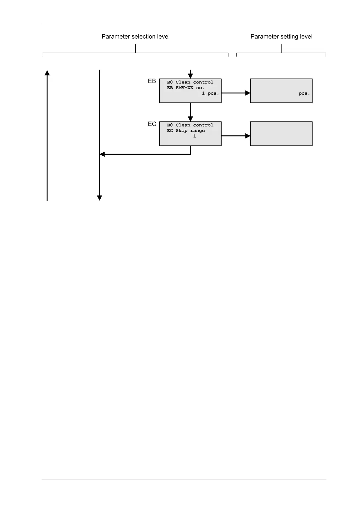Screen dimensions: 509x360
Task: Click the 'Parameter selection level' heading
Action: pyautogui.click(x=135, y=37)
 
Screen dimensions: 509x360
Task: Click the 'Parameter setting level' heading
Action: pyautogui.click(x=281, y=37)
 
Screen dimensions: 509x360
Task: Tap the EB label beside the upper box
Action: pyautogui.click(x=152, y=81)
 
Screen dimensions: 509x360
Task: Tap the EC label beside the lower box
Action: pyautogui.click(x=152, y=124)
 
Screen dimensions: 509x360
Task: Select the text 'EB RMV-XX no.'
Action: pyautogui.click(x=186, y=88)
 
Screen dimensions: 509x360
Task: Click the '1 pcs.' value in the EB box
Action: pyautogui.click(x=210, y=93)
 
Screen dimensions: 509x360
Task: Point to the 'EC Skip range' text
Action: pyautogui.click(x=186, y=131)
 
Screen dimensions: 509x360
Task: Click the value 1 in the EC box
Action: pyautogui.click(x=194, y=136)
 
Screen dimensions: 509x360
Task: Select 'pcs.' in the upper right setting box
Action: pyautogui.click(x=304, y=93)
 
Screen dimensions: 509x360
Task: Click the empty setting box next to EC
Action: pyautogui.click(x=281, y=134)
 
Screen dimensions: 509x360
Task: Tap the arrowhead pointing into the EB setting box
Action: pyautogui.click(x=248, y=93)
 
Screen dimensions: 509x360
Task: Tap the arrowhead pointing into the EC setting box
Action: pyautogui.click(x=248, y=136)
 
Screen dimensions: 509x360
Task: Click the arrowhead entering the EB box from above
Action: pyautogui.click(x=190, y=76)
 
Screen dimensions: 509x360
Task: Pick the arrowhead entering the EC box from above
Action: pyautogui.click(x=190, y=119)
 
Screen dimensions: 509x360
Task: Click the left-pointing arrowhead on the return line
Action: pyautogui.click(x=102, y=154)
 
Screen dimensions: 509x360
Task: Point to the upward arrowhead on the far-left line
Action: pyautogui.click(x=47, y=73)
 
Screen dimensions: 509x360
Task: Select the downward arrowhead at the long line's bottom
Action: pyautogui.click(x=99, y=198)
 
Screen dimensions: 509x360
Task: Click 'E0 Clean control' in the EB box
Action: pyautogui.click(x=190, y=82)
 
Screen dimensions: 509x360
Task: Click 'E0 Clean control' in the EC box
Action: pyautogui.click(x=190, y=125)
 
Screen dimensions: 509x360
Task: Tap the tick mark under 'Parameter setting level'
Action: pyautogui.click(x=281, y=48)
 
